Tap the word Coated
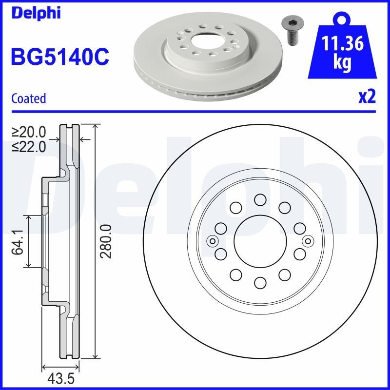click(28, 98)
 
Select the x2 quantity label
click(367, 97)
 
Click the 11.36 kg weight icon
click(343, 51)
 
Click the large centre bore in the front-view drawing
click(259, 241)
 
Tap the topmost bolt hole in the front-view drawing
click(259, 199)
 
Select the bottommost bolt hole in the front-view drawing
click(259, 283)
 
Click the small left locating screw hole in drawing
click(212, 241)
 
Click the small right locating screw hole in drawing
click(307, 241)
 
